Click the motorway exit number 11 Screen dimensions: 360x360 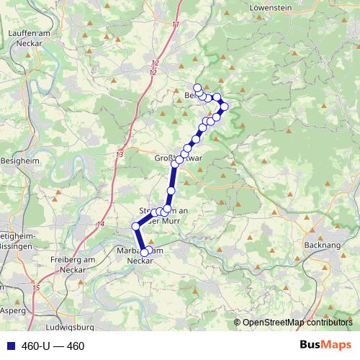(x=176, y=25)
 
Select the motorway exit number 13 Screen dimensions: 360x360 (x=119, y=155)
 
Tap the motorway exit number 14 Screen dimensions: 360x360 (x=100, y=225)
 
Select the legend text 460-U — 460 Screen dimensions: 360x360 (x=53, y=346)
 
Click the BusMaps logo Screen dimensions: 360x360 (x=325, y=345)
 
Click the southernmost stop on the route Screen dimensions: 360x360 (x=145, y=252)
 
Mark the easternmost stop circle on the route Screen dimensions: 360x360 (x=224, y=107)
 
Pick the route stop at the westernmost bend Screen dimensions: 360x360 (x=135, y=227)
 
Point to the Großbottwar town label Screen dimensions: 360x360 (x=179, y=159)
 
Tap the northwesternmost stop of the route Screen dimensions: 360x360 (x=197, y=87)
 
